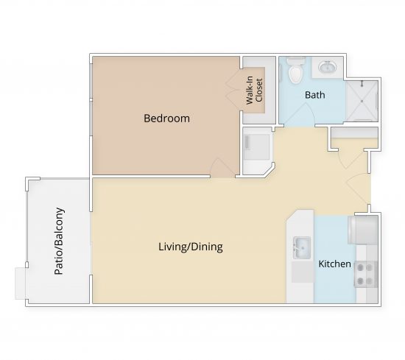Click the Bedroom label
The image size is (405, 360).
(x=166, y=118)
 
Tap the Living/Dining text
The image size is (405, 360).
(x=190, y=247)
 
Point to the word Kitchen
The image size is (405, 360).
(x=334, y=264)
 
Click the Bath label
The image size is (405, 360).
(x=315, y=95)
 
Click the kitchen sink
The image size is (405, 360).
(x=301, y=246)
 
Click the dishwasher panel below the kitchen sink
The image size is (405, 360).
(x=301, y=272)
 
